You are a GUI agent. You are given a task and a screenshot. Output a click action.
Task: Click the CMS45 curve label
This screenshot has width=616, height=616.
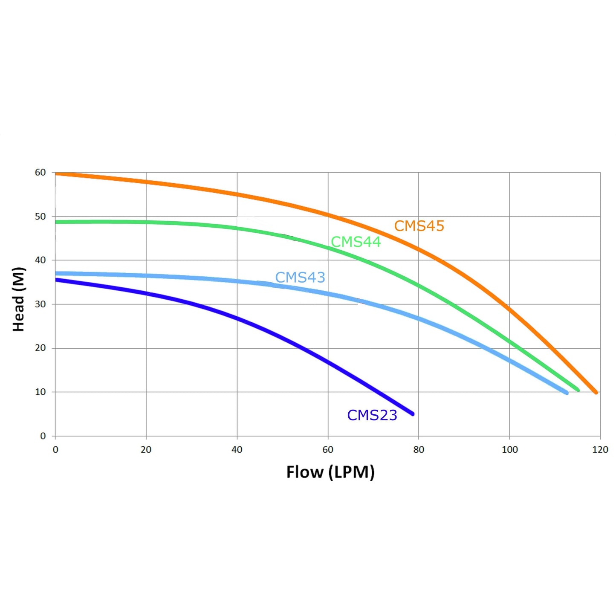pos(419,226)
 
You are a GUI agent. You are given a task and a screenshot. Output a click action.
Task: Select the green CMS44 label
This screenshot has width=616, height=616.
pos(356,242)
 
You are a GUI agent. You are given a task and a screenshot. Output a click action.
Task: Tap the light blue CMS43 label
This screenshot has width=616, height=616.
pos(300,278)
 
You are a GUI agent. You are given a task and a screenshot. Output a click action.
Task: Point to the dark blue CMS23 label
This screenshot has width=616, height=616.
pos(372,415)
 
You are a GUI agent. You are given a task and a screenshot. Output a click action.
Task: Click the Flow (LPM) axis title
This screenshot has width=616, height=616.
pos(330,472)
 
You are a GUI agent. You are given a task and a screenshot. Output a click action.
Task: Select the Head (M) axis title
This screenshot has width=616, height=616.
pos(19,299)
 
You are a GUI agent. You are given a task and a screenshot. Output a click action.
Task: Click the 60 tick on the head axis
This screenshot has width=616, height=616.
pos(40,173)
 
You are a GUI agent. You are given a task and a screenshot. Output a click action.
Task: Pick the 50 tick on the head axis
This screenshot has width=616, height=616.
pos(40,217)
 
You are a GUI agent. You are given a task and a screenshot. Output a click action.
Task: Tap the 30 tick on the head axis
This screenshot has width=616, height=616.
pos(40,304)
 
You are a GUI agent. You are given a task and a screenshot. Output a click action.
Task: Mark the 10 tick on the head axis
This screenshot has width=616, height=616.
pos(40,392)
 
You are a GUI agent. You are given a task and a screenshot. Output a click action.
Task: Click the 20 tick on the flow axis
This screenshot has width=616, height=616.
pos(146,450)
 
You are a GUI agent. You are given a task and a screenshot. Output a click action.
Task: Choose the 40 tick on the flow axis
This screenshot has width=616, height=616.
pos(237,450)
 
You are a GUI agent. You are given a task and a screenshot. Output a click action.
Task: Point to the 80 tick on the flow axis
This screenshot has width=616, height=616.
pos(419,450)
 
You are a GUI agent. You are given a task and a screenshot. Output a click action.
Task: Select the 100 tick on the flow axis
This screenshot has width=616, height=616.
pos(509,450)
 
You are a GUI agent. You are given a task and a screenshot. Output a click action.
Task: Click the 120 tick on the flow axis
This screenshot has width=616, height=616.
pos(600,450)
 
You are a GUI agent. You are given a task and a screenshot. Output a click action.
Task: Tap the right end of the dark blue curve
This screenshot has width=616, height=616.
pos(412,414)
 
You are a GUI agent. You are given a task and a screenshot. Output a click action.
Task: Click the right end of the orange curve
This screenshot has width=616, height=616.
pos(596,392)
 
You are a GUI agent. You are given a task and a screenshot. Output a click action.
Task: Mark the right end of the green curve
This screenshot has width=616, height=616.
pos(578,390)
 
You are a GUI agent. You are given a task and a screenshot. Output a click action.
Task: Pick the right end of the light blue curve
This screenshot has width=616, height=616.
pos(566,393)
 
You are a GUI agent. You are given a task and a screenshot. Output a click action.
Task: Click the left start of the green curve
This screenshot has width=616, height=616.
pos(57,222)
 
